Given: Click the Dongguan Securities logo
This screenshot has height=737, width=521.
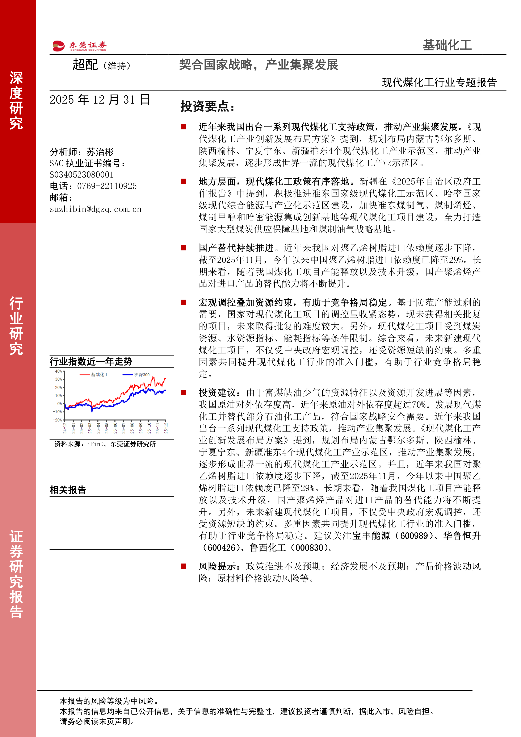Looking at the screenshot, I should (80, 46).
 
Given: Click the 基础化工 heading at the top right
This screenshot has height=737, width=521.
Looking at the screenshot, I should (447, 45).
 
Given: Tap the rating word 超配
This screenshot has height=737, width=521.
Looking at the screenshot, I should (85, 65).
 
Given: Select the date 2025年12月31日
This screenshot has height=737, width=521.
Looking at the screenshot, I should (100, 100).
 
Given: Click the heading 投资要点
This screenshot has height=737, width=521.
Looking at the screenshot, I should (207, 107).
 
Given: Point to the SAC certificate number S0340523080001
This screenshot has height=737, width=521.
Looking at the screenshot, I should (81, 175).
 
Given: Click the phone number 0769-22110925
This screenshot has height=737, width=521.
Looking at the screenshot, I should (107, 186).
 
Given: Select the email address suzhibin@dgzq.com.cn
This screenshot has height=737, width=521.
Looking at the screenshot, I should (95, 209).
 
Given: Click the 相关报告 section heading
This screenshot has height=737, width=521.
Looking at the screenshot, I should (68, 490).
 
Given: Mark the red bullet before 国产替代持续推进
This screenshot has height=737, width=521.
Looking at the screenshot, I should (184, 248).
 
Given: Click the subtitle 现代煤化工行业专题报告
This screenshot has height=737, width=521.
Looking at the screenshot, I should (439, 83).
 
